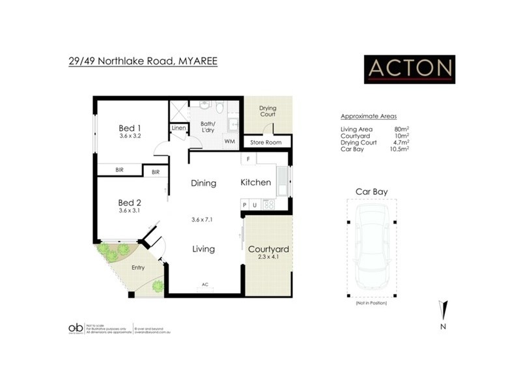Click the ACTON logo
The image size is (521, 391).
coord(409,68)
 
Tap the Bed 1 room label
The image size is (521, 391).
coord(130,128)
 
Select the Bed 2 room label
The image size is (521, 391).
coord(130,203)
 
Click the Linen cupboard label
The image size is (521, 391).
coord(178,128)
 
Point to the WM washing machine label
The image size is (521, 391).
coord(229,140)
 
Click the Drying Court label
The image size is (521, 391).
coord(268,111)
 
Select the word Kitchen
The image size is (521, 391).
coord(255,182)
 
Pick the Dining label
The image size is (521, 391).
coord(203,183)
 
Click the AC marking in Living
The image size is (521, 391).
coord(204,284)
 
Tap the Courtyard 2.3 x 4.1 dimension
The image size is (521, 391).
coord(268,258)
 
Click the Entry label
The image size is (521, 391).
coord(138,267)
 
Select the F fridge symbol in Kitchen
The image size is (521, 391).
coord(247,159)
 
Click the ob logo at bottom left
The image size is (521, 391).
coord(76,328)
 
